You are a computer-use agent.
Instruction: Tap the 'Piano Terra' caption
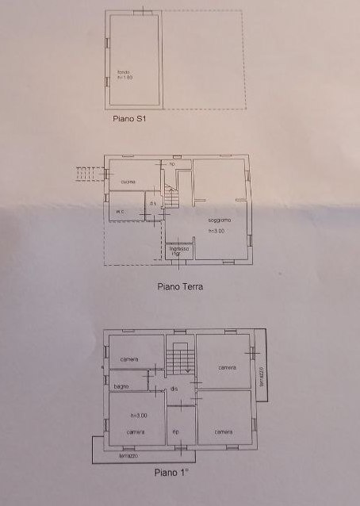coord(180,286)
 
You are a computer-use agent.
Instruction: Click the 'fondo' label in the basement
coord(121,72)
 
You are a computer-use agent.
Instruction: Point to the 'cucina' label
coord(128,182)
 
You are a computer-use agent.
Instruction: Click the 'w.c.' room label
coord(121,212)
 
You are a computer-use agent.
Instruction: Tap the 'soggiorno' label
coord(220,220)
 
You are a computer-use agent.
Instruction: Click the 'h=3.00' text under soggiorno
coord(216,231)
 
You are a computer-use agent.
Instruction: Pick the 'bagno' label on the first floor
coord(121,386)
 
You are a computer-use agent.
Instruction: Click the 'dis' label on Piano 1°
coord(174,389)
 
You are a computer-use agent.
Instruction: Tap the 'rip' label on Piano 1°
coord(175,431)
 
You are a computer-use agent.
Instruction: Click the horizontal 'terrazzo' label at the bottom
coord(129,456)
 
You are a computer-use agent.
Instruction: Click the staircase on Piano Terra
coord(173,197)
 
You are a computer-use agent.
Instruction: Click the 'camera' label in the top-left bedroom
coord(130,360)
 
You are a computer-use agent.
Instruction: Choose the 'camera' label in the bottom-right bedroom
coord(223,431)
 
